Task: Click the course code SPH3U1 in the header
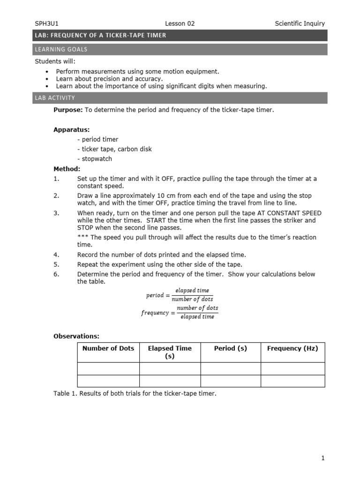point(46,23)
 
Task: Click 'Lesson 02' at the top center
point(180,23)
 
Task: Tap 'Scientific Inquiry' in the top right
point(300,23)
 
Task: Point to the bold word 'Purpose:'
point(68,110)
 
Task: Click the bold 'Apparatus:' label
point(71,129)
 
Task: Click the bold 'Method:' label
point(67,169)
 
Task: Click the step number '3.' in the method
point(56,213)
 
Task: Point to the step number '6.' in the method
point(56,274)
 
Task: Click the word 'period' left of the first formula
point(155,295)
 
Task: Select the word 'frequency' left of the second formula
point(155,313)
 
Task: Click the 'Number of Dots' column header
point(108,348)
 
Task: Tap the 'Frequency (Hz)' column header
point(292,348)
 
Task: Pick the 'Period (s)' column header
point(230,348)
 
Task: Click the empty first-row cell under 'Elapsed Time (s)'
point(170,368)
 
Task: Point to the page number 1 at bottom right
point(323,458)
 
